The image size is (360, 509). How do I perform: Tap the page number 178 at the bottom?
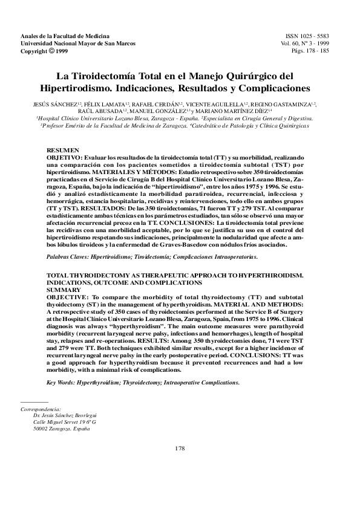[180, 448]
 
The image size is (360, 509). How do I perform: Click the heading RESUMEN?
[62, 150]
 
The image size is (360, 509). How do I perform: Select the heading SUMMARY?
[62, 290]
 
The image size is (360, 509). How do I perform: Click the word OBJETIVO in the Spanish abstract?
[67, 157]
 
